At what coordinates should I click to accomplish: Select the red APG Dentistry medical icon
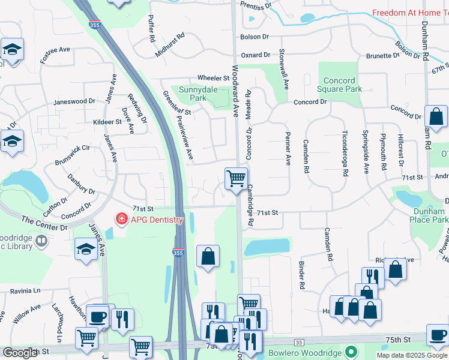tap(121, 220)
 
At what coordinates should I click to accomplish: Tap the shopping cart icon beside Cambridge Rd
tap(236, 178)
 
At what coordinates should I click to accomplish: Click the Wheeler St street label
tap(214, 78)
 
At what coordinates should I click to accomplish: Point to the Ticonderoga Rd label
tap(345, 153)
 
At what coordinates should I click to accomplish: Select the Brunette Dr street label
tap(383, 56)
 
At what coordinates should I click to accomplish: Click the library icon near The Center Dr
tap(41, 242)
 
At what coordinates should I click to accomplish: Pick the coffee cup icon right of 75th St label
tap(437, 335)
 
